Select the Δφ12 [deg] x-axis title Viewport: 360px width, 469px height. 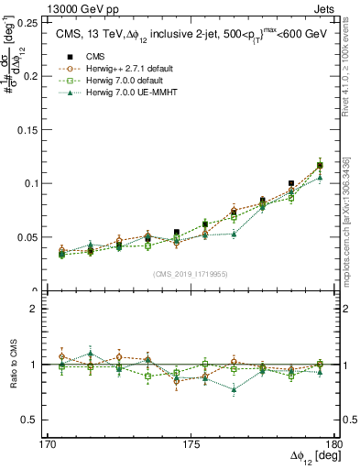point(311,457)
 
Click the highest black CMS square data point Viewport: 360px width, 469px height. point(320,165)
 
